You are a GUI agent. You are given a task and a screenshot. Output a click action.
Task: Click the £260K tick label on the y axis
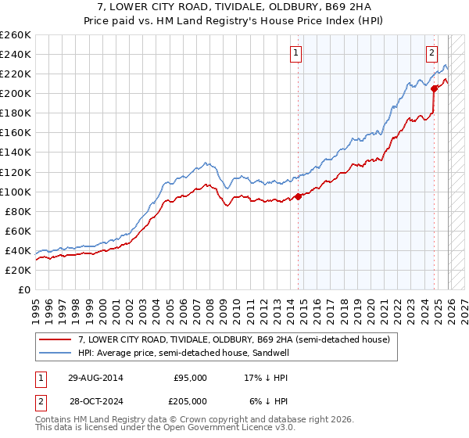(x=16, y=35)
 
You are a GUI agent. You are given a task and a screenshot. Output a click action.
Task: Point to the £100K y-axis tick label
(x=16, y=192)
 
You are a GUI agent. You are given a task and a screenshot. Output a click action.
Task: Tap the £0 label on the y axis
(x=25, y=289)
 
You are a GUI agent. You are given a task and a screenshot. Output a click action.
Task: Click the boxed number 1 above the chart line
(x=297, y=53)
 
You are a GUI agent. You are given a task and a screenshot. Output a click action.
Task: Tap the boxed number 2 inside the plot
(x=431, y=53)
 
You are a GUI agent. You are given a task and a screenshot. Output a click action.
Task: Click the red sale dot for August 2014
(x=298, y=196)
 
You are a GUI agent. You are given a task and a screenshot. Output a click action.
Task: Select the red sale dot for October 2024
(x=433, y=88)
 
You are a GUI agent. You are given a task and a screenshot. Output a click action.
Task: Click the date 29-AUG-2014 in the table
(x=95, y=377)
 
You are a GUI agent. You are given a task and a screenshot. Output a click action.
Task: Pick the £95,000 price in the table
(x=190, y=377)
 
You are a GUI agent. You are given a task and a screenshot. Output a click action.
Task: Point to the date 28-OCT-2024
(x=95, y=400)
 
